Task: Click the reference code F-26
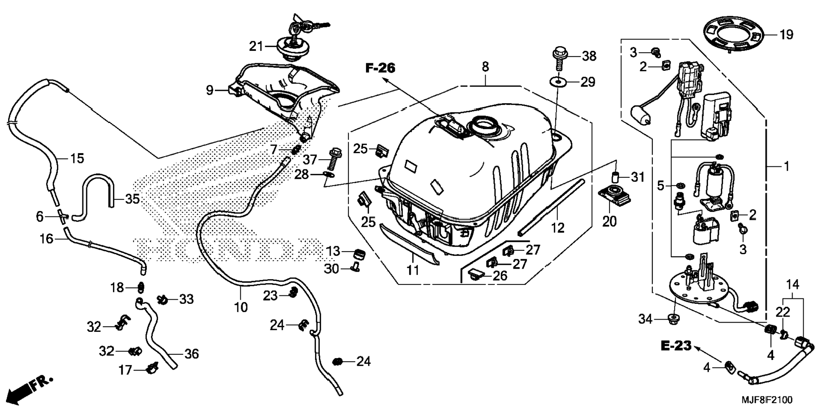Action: click(x=380, y=68)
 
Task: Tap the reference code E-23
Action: click(x=676, y=346)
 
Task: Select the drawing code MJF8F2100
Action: click(x=767, y=400)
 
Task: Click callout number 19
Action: click(x=786, y=34)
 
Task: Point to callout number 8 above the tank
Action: click(x=485, y=67)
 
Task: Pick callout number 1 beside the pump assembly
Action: click(x=786, y=166)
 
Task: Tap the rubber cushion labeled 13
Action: click(x=360, y=255)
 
